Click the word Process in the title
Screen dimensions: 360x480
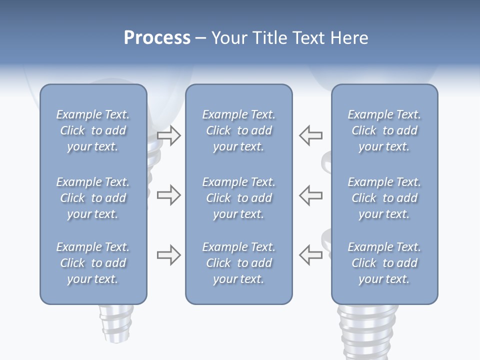point(157,38)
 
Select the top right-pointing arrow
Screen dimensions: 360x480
point(169,135)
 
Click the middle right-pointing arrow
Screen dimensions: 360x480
point(169,195)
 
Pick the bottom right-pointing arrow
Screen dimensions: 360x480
point(169,255)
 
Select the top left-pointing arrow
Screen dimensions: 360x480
point(311,135)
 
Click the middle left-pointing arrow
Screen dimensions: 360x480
point(311,195)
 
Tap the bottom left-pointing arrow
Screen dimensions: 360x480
point(311,254)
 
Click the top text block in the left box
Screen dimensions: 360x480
point(93,130)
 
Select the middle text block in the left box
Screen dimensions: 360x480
point(93,198)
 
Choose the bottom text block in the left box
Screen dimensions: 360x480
point(93,263)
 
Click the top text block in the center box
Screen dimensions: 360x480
point(239,130)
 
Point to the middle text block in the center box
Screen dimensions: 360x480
point(239,198)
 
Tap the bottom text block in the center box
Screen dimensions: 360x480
point(239,263)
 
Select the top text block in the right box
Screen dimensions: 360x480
point(384,130)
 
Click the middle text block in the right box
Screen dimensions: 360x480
point(384,198)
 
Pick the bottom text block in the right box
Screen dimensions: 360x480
point(384,263)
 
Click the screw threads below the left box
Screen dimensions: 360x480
point(116,322)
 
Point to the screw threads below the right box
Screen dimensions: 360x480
point(367,330)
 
